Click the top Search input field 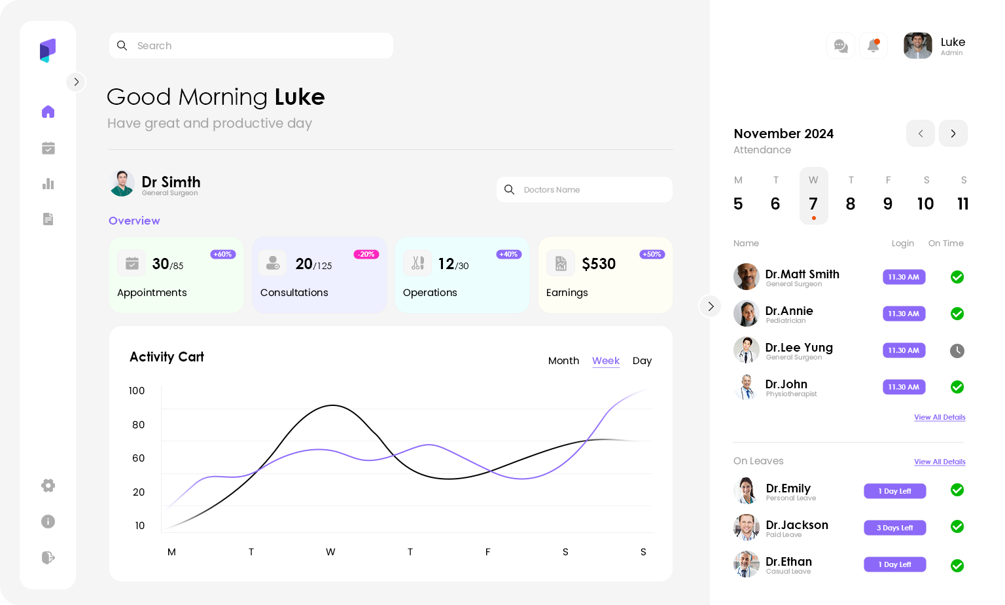coord(251,46)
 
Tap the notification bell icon coord(873,46)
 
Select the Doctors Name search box coord(584,190)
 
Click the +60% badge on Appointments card coord(223,255)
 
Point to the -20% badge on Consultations coord(366,255)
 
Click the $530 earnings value coord(599,264)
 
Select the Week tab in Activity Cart coord(606,361)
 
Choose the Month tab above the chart coord(563,361)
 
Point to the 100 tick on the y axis coord(137,391)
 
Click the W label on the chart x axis coord(330,552)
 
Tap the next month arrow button coord(953,134)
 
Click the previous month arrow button coord(921,134)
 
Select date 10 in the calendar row coord(925,204)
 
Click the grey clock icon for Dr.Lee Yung coord(957,351)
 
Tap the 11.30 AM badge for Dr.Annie coord(904,314)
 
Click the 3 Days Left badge coord(894,528)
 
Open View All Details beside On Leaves coord(940,462)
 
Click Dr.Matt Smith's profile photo coord(747,277)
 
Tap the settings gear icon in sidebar coord(48,485)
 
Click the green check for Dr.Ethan coord(957,566)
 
